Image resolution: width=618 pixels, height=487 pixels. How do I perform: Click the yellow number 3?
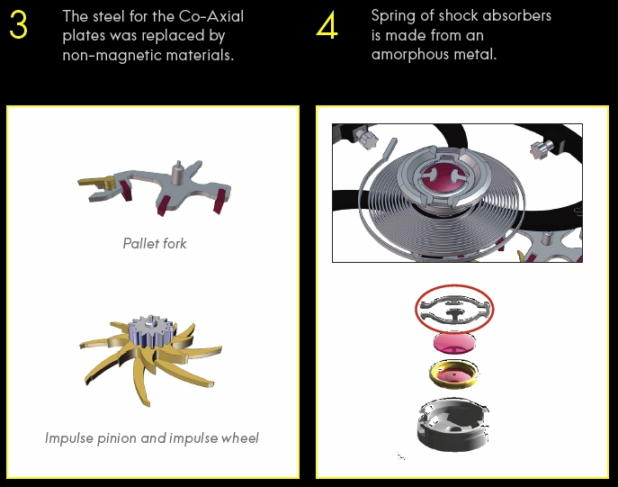[x=18, y=24]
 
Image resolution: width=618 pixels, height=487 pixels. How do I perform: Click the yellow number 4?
[x=327, y=24]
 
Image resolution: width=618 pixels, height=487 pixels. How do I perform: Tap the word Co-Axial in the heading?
[x=211, y=16]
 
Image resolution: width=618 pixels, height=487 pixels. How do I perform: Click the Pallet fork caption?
[x=155, y=243]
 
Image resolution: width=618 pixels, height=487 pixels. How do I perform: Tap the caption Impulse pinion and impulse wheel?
[x=152, y=438]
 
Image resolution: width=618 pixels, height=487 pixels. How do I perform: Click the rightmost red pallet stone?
[x=219, y=201]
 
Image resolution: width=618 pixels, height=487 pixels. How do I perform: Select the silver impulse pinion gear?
[x=151, y=330]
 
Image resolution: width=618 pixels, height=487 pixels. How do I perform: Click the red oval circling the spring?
[x=454, y=286]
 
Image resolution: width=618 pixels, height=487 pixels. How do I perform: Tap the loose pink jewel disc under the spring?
[x=454, y=343]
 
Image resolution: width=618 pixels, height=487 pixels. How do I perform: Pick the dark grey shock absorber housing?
[x=453, y=424]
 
